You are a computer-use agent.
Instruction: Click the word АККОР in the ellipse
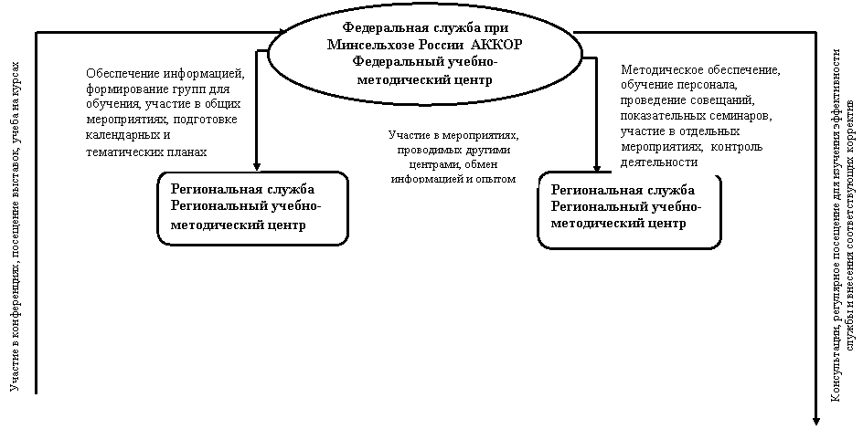pyautogui.click(x=497, y=45)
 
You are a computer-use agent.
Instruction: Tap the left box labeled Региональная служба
pyautogui.click(x=252, y=207)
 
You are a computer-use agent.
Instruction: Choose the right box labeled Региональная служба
pyautogui.click(x=629, y=211)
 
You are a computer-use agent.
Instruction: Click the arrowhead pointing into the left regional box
pyautogui.click(x=257, y=165)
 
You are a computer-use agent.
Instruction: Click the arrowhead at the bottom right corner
pyautogui.click(x=816, y=420)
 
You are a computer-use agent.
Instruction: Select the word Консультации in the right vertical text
pyautogui.click(x=836, y=371)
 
